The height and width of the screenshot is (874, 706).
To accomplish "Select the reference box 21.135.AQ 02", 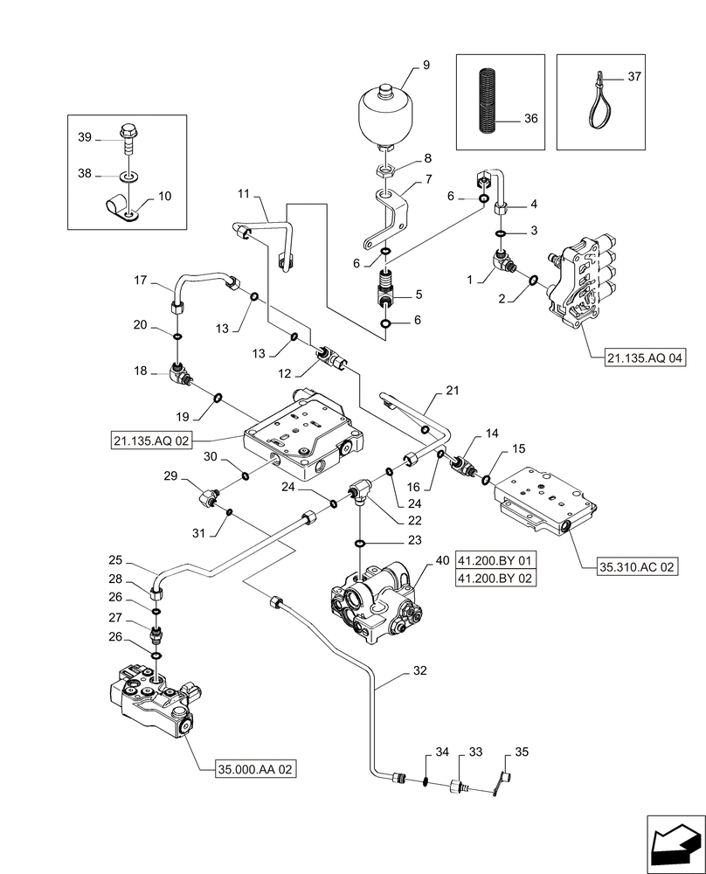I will pyautogui.click(x=151, y=439).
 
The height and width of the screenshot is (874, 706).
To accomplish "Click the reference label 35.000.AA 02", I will pyautogui.click(x=256, y=769).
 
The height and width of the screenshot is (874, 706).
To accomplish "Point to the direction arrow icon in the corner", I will pyautogui.click(x=674, y=843).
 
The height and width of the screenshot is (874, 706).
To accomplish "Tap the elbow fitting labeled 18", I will pyautogui.click(x=181, y=373).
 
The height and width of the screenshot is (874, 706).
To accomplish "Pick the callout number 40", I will pyautogui.click(x=442, y=560).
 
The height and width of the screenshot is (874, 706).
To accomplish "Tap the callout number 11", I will pyautogui.click(x=242, y=192).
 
